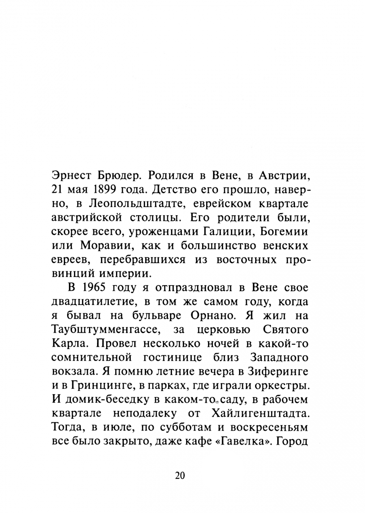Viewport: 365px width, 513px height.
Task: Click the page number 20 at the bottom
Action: (x=180, y=476)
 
